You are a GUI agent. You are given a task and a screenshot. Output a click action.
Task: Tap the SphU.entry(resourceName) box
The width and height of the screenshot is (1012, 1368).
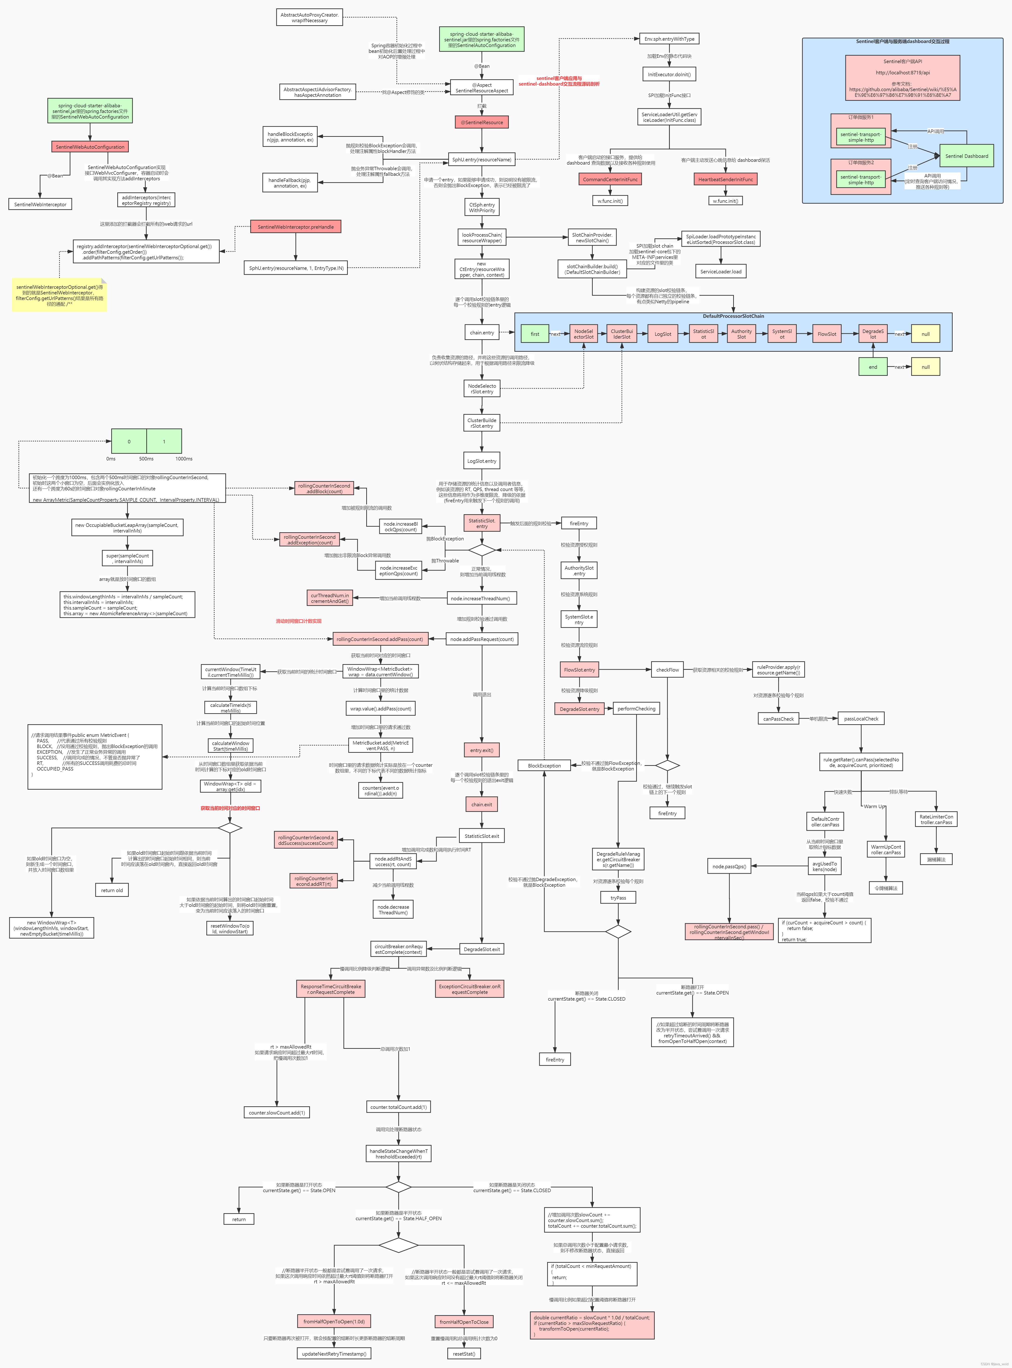(x=481, y=159)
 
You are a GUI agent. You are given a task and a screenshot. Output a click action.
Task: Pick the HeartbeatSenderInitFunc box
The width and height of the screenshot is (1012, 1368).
(x=725, y=179)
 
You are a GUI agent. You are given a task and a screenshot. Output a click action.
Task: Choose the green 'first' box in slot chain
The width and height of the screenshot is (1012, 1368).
(x=535, y=334)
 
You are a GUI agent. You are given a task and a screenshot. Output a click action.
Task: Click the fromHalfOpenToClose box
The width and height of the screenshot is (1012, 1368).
(x=464, y=1321)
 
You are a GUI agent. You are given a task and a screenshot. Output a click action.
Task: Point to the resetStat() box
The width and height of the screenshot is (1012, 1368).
(x=464, y=1353)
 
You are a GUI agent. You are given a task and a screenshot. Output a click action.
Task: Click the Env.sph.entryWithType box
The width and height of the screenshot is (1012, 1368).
(x=669, y=39)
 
